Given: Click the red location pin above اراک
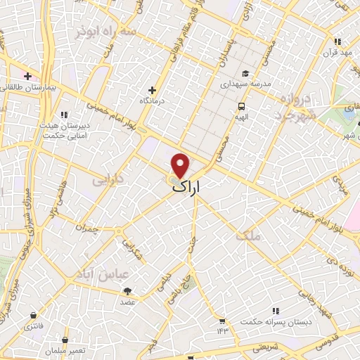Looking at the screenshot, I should (x=181, y=166).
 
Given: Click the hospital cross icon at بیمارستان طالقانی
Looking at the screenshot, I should (x=27, y=76).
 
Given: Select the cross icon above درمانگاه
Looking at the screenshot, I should (x=152, y=90).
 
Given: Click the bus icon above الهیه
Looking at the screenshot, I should (x=240, y=106).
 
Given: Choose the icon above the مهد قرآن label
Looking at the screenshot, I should (x=338, y=41).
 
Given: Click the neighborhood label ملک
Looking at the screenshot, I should (x=248, y=236).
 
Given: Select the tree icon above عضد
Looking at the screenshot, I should (x=127, y=291).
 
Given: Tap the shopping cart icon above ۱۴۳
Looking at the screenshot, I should (x=222, y=320).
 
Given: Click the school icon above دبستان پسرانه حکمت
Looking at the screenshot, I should (x=275, y=310).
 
